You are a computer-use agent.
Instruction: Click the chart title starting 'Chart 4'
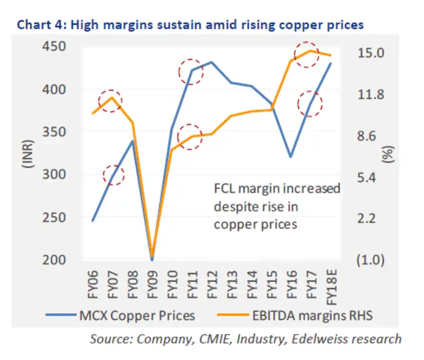(191, 25)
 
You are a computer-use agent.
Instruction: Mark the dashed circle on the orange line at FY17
(306, 53)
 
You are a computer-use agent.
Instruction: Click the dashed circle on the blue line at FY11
(191, 71)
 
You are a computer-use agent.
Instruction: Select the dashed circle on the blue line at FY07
(112, 175)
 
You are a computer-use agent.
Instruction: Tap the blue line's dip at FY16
(291, 157)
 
